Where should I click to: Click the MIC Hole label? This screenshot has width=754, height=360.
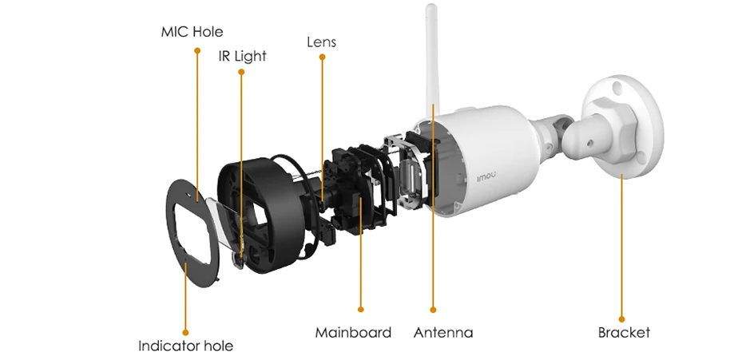tap(192, 32)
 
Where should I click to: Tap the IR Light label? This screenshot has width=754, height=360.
tap(242, 56)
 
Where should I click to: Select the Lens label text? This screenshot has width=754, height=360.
tap(321, 42)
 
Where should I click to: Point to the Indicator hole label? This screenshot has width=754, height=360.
tap(185, 346)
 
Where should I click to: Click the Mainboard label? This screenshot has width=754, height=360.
tap(353, 332)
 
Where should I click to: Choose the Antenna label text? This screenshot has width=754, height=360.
tap(442, 332)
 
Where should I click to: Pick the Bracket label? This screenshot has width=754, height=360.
tap(624, 332)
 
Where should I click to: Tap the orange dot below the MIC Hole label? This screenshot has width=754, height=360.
tap(196, 51)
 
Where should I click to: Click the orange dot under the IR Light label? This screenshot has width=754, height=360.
tap(241, 72)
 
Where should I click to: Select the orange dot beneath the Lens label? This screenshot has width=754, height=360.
tap(322, 57)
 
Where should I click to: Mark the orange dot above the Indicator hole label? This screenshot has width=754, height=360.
tap(185, 330)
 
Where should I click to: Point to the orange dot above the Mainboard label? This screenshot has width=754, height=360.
tap(361, 308)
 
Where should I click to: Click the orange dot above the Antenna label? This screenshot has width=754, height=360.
tap(433, 308)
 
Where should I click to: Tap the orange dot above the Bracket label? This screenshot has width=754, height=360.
tap(621, 318)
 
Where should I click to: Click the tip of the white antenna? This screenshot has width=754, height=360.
tap(431, 10)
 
